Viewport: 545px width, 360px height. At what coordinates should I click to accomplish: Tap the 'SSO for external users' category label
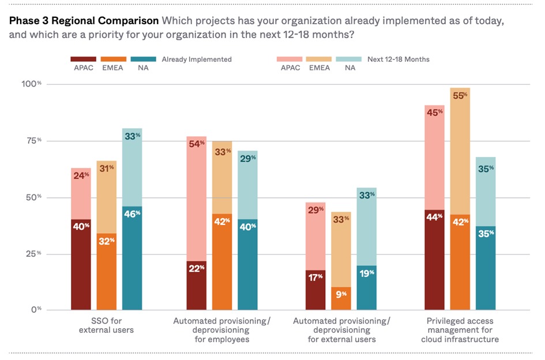click(x=106, y=325)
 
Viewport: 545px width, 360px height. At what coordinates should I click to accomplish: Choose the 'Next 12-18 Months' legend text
click(x=399, y=59)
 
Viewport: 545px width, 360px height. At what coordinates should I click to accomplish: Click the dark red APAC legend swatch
click(x=83, y=59)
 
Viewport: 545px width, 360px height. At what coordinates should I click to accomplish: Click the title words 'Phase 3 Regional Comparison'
click(x=84, y=21)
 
